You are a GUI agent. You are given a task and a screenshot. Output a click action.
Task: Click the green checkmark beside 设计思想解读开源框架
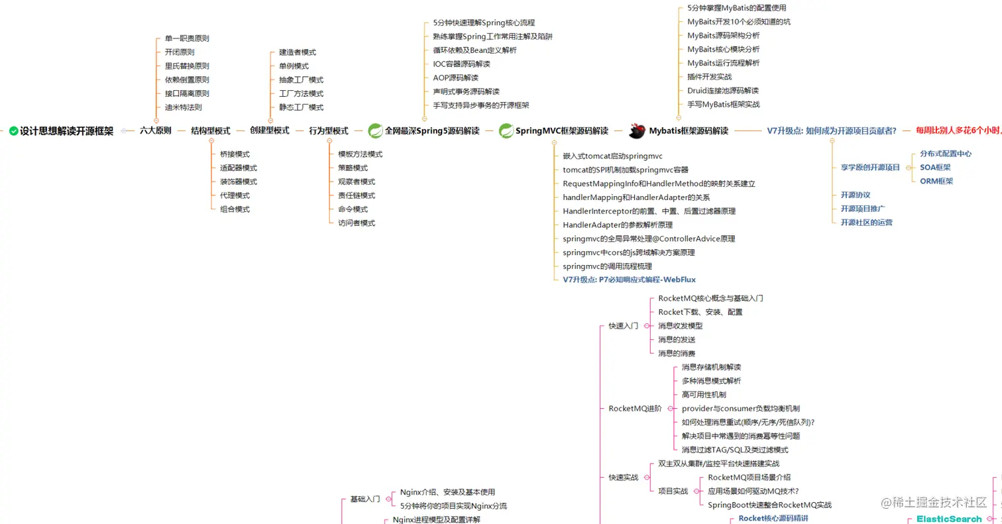(x=13, y=131)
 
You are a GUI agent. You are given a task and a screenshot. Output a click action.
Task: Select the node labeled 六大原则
(x=156, y=131)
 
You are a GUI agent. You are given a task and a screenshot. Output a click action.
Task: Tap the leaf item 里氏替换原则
(x=187, y=66)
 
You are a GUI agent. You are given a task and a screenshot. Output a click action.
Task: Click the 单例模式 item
(x=294, y=66)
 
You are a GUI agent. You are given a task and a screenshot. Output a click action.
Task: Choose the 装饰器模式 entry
(x=239, y=182)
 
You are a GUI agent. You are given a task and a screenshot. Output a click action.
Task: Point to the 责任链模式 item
(x=357, y=195)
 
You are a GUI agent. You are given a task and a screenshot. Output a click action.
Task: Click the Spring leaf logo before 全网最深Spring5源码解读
(x=375, y=131)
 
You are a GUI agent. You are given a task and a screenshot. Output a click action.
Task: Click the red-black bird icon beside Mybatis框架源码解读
(x=638, y=131)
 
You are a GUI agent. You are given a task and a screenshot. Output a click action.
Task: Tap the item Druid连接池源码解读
(x=723, y=91)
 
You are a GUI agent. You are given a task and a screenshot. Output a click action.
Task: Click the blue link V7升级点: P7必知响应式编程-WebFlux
(x=629, y=280)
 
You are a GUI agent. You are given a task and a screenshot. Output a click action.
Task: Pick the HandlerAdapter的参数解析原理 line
(x=618, y=225)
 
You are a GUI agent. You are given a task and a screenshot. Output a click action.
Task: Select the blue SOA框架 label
(x=936, y=168)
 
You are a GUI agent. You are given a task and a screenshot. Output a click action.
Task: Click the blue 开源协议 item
(x=856, y=195)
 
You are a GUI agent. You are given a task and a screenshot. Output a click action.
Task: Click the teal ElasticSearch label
(x=949, y=519)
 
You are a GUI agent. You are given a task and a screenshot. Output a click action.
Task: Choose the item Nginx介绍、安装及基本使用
(x=447, y=492)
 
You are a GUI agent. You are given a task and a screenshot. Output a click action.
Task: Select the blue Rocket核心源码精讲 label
(x=773, y=518)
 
